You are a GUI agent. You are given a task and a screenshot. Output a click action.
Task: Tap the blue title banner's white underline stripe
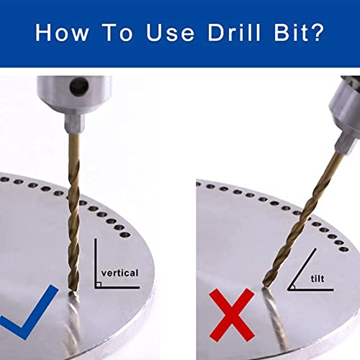tap(180, 69)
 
